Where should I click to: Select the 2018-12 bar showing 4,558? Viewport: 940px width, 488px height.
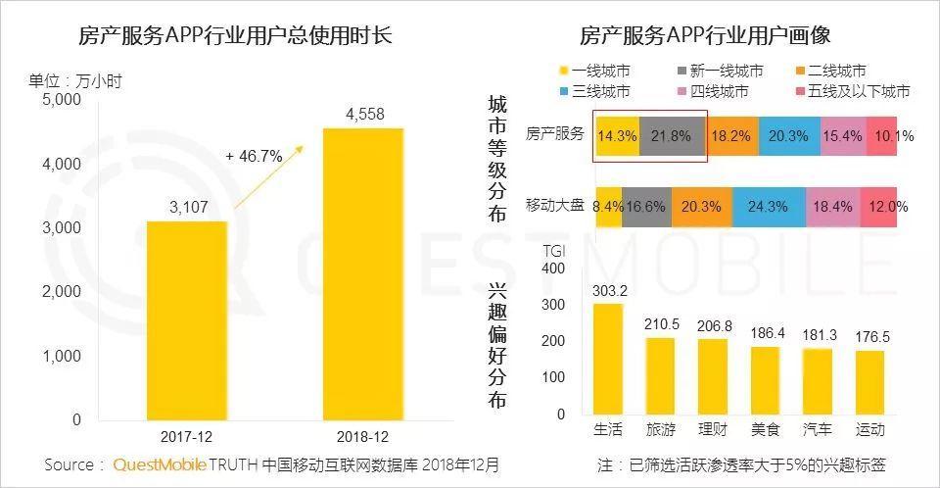point(363,274)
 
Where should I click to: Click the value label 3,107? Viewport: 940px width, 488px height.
point(187,207)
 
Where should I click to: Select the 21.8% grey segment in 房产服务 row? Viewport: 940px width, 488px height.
point(671,135)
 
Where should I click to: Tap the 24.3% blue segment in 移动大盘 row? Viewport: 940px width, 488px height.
point(768,207)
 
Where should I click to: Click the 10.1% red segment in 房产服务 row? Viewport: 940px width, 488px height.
point(889,135)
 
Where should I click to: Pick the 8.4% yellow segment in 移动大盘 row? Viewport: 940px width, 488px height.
point(608,207)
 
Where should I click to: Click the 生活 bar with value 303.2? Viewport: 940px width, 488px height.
point(608,359)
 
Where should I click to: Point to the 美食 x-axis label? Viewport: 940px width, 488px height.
point(765,430)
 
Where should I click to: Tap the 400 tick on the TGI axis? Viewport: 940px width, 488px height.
point(553,268)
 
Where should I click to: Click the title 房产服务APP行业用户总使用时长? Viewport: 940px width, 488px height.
point(235,36)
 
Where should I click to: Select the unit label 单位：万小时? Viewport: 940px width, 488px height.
point(75,80)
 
